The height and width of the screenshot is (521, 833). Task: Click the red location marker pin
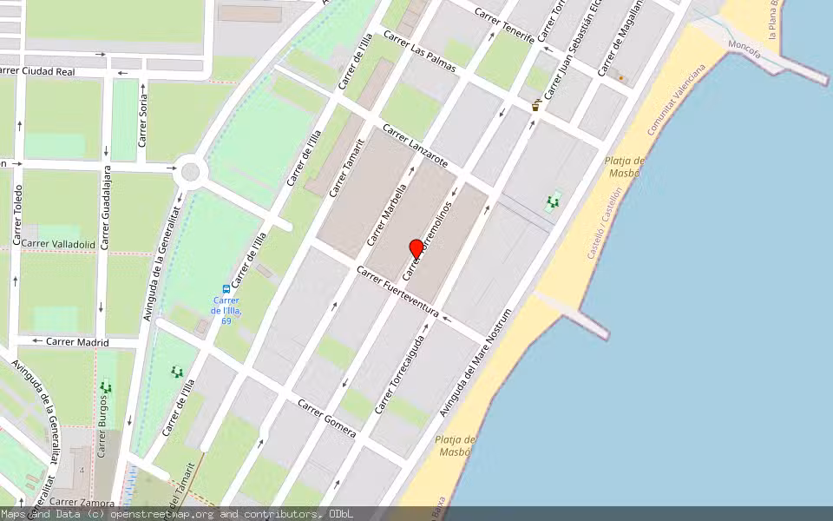click(x=416, y=247)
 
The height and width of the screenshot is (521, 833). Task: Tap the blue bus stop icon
click(x=226, y=289)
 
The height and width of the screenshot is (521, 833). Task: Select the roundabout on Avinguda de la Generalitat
click(x=189, y=174)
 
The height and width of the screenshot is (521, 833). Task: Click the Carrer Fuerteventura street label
click(x=398, y=292)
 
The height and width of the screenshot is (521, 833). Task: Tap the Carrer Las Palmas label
click(x=419, y=52)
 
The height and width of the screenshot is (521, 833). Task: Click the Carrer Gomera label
click(x=327, y=419)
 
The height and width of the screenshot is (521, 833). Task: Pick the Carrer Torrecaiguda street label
click(x=402, y=373)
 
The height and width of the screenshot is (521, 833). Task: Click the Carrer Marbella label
click(x=387, y=214)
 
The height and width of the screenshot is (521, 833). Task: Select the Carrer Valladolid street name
click(x=58, y=244)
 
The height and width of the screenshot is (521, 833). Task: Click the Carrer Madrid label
click(x=77, y=342)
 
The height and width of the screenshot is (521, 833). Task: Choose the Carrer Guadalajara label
click(x=106, y=208)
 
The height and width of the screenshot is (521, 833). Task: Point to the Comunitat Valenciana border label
click(x=676, y=99)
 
